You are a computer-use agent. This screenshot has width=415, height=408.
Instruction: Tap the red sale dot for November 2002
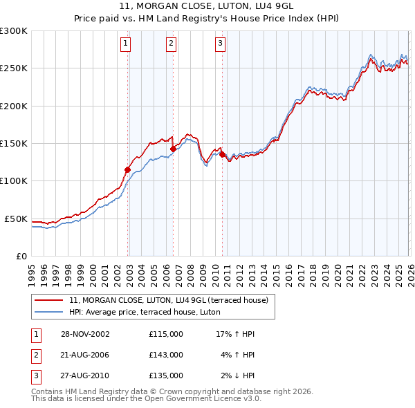[128, 169]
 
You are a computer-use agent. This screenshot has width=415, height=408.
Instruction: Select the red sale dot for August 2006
[173, 148]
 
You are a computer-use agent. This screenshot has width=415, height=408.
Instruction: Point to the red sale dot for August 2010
[222, 154]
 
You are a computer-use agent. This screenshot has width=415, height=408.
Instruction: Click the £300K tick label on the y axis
[14, 31]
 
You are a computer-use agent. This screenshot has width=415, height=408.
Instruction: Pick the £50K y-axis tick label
[17, 219]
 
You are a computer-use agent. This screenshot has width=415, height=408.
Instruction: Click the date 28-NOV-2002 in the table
[85, 334]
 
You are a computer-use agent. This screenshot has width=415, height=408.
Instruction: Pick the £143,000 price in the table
[166, 355]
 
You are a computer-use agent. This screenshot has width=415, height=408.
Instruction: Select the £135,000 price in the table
[166, 375]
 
